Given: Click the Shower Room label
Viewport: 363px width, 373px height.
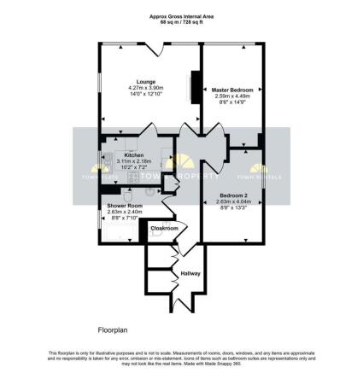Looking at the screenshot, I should (x=124, y=206).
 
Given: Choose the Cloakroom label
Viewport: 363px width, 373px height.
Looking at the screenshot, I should (x=164, y=229).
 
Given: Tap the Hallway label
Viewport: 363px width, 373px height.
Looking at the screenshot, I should (x=190, y=273).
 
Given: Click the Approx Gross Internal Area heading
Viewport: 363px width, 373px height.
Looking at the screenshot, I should (x=181, y=16).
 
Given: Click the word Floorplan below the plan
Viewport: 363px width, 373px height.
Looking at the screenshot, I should (x=110, y=328).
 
